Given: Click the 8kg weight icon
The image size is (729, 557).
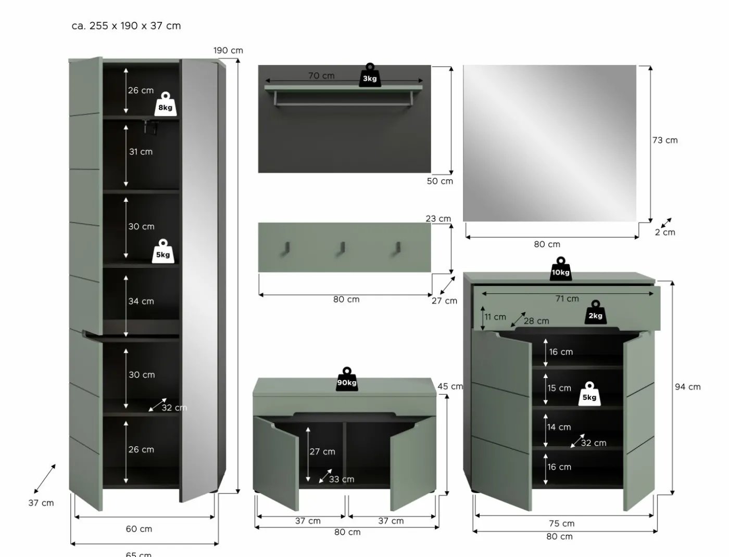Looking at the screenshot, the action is coord(166,104).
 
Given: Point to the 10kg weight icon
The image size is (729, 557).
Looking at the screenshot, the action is coord(561,269).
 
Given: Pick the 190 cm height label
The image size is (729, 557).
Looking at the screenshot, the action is coord(228,50).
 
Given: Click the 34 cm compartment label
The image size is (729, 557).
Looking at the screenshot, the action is coord(141,301).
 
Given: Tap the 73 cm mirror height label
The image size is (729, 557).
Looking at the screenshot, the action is coord(665,140).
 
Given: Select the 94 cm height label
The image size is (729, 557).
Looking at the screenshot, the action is coord(687,387).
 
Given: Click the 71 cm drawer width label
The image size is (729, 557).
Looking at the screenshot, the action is coord(567,299).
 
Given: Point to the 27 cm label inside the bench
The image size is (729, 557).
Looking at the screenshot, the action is coord(322,451).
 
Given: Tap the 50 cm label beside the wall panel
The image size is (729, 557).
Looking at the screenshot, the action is coord(439,181).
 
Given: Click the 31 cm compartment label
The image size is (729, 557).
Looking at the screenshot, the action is coord(141,152).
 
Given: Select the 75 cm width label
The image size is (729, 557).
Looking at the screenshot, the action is coord(562,524).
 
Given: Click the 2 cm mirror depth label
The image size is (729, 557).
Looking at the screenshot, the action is coord(665,232).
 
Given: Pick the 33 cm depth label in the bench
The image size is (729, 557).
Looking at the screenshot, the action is coord(342,480).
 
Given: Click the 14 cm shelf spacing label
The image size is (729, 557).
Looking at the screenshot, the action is coord(559,427).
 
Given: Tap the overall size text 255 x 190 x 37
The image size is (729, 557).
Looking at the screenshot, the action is coord(135,25).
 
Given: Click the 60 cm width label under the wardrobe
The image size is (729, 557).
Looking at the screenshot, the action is coord(139,529).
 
